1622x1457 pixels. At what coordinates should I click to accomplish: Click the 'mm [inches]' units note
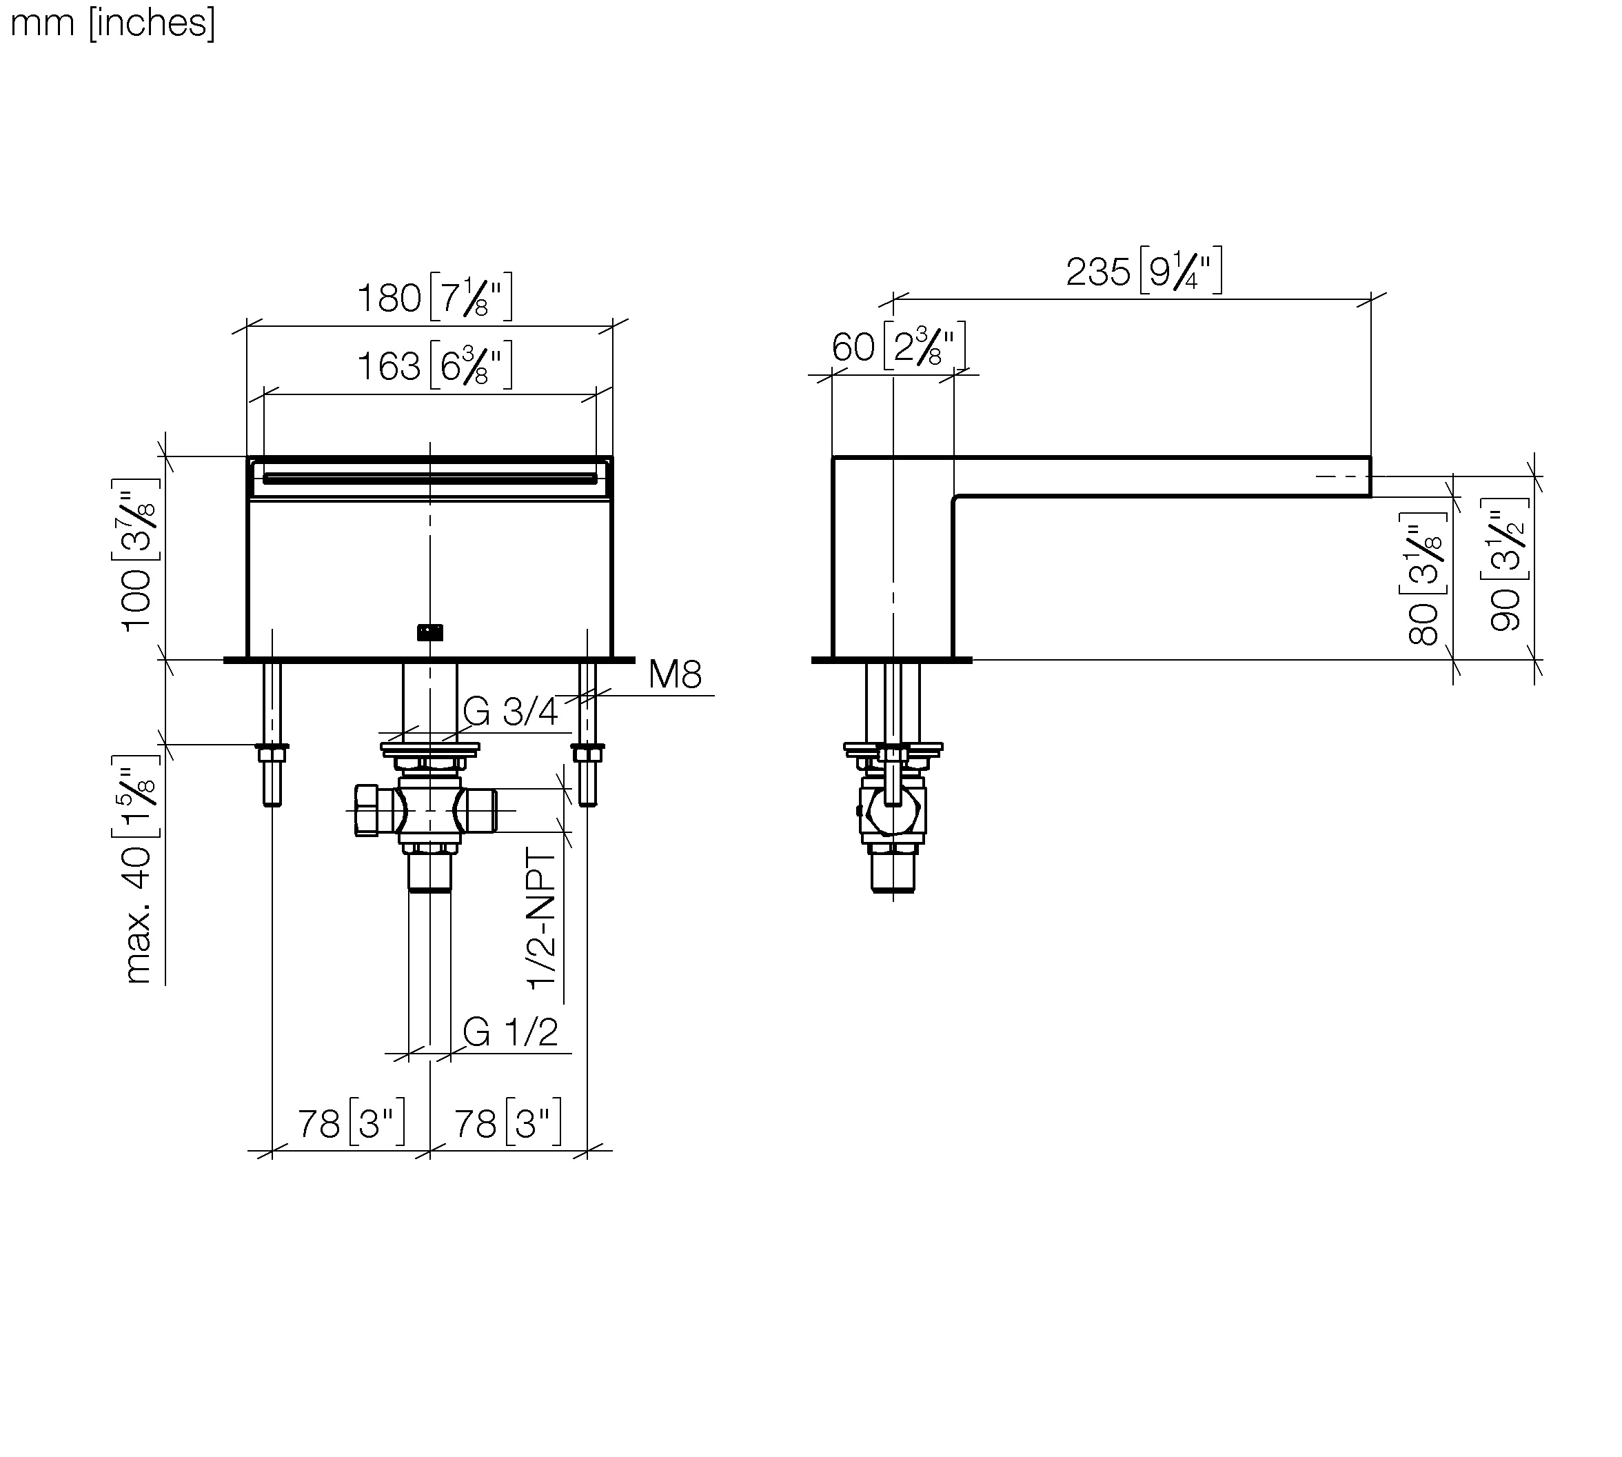pos(113,23)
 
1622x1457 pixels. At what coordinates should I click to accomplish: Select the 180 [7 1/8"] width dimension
pos(434,297)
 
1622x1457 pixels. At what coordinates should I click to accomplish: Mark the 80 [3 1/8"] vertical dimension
pos(1424,579)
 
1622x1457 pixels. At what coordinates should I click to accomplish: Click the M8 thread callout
pos(676,674)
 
